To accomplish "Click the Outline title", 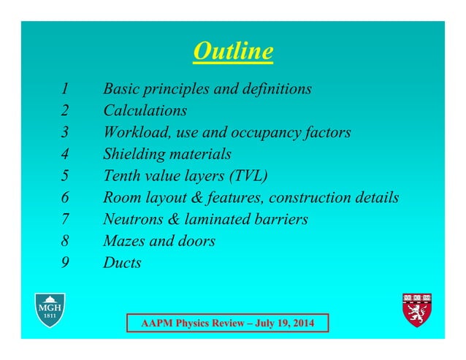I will pos(234,52).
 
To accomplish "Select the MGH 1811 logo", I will pos(50,310).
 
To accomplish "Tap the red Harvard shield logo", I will pos(417,310).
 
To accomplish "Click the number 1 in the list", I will pos(65,89).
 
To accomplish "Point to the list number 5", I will pos(65,176).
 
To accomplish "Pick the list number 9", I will pos(65,263).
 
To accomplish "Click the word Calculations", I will pos(145,111).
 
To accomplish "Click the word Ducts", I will pos(122,263).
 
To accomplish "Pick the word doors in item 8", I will pos(197,241).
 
